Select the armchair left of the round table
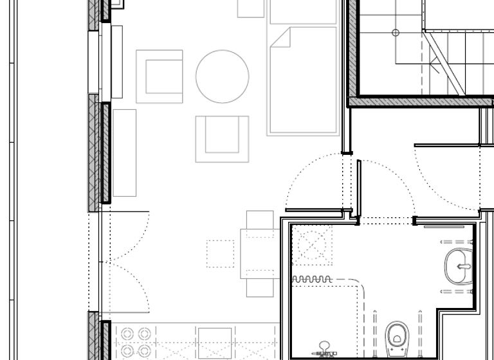160,76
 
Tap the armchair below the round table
223,138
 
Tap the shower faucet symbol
325,350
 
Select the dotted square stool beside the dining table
220,253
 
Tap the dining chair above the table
260,221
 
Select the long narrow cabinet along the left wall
124,152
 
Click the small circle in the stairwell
396,32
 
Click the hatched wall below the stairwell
418,102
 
